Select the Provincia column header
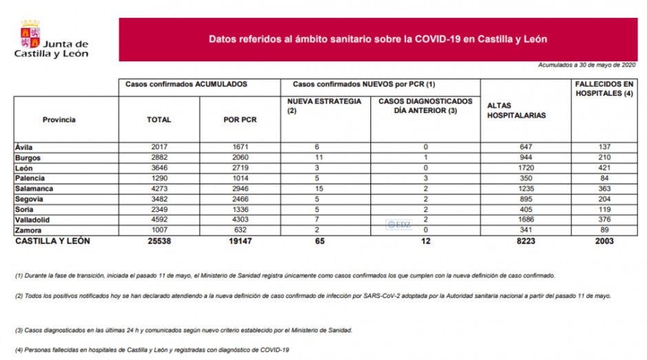59,120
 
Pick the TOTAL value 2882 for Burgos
159,158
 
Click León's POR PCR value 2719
239,168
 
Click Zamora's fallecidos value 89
606,230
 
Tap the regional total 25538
159,241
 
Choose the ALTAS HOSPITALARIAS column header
516,110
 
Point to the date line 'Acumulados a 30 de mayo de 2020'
587,65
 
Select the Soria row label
25,209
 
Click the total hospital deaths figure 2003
606,241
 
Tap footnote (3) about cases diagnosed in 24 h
184,330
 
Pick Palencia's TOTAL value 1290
159,178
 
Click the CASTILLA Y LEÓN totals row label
52,241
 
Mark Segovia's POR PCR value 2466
239,199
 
